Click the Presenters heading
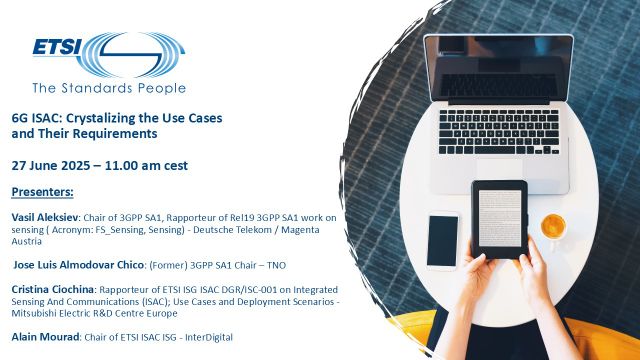49,191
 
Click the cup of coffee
553,227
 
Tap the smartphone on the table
443,240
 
